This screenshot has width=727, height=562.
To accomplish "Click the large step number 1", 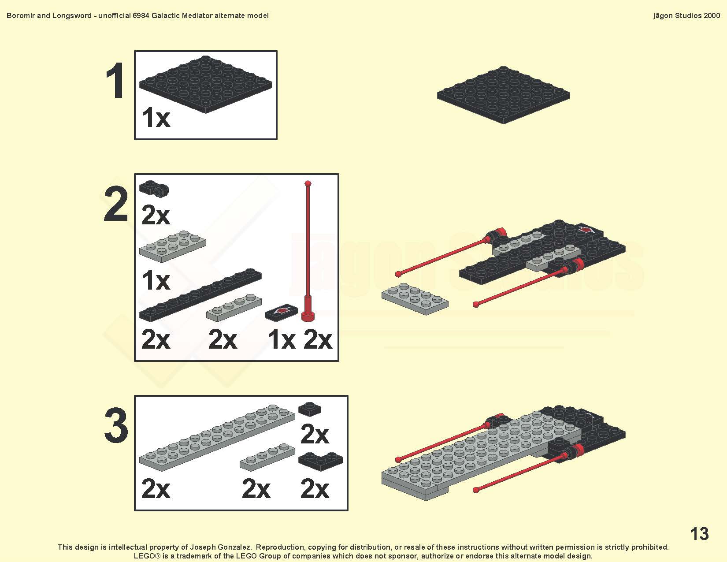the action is pos(115,81).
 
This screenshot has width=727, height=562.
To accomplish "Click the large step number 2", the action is pos(116,204).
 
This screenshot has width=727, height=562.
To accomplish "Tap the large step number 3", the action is pos(116,425).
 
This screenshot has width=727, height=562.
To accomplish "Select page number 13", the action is pos(699,533).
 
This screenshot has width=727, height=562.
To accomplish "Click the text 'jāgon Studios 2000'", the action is pos(686,15).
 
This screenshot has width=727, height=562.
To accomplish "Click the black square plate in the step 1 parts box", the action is pos(205,84).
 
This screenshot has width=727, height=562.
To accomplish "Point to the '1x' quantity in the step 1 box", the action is pos(156,118).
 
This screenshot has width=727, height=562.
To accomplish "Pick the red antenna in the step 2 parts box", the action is pos(308,251).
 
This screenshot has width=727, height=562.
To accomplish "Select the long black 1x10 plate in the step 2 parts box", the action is pos(200,294).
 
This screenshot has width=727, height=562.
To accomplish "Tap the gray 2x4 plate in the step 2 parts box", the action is pos(172,246).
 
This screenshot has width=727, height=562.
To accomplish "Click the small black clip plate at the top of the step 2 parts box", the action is pos(154,188).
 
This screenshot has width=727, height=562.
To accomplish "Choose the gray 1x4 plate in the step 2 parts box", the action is pos(234,308).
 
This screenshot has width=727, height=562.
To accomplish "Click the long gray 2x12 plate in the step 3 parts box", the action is pos(217,438).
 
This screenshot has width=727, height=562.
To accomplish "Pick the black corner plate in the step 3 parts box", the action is pos(320,461).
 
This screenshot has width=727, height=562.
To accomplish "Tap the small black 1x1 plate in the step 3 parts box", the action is pos(309,409).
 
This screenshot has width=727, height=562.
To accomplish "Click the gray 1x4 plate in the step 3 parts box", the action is pos(267,457).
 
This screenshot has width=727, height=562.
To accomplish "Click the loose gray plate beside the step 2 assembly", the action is pos(415,299).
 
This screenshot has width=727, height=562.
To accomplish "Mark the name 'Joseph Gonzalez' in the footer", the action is pos(220,547).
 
